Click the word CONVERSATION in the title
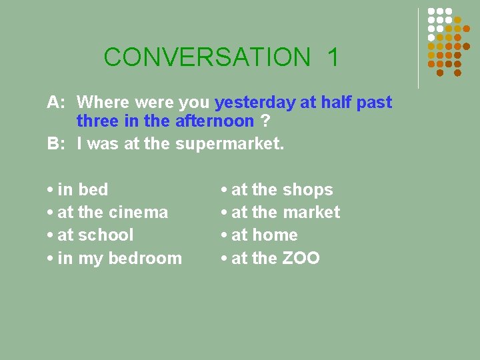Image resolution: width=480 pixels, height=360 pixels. [207, 57]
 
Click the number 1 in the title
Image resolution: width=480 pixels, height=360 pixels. [333, 57]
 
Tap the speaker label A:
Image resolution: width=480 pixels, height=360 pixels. [55, 103]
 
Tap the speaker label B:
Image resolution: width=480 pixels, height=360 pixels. [55, 144]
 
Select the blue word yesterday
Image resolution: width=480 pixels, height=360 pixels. [255, 103]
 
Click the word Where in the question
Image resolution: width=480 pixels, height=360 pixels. [103, 103]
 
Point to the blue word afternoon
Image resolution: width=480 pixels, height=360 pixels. [214, 121]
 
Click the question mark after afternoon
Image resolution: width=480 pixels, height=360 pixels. [265, 121]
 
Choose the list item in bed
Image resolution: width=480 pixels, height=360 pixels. [83, 190]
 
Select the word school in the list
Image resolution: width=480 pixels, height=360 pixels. [106, 235]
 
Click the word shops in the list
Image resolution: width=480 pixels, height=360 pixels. [307, 190]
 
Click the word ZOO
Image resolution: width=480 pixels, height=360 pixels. [301, 258]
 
